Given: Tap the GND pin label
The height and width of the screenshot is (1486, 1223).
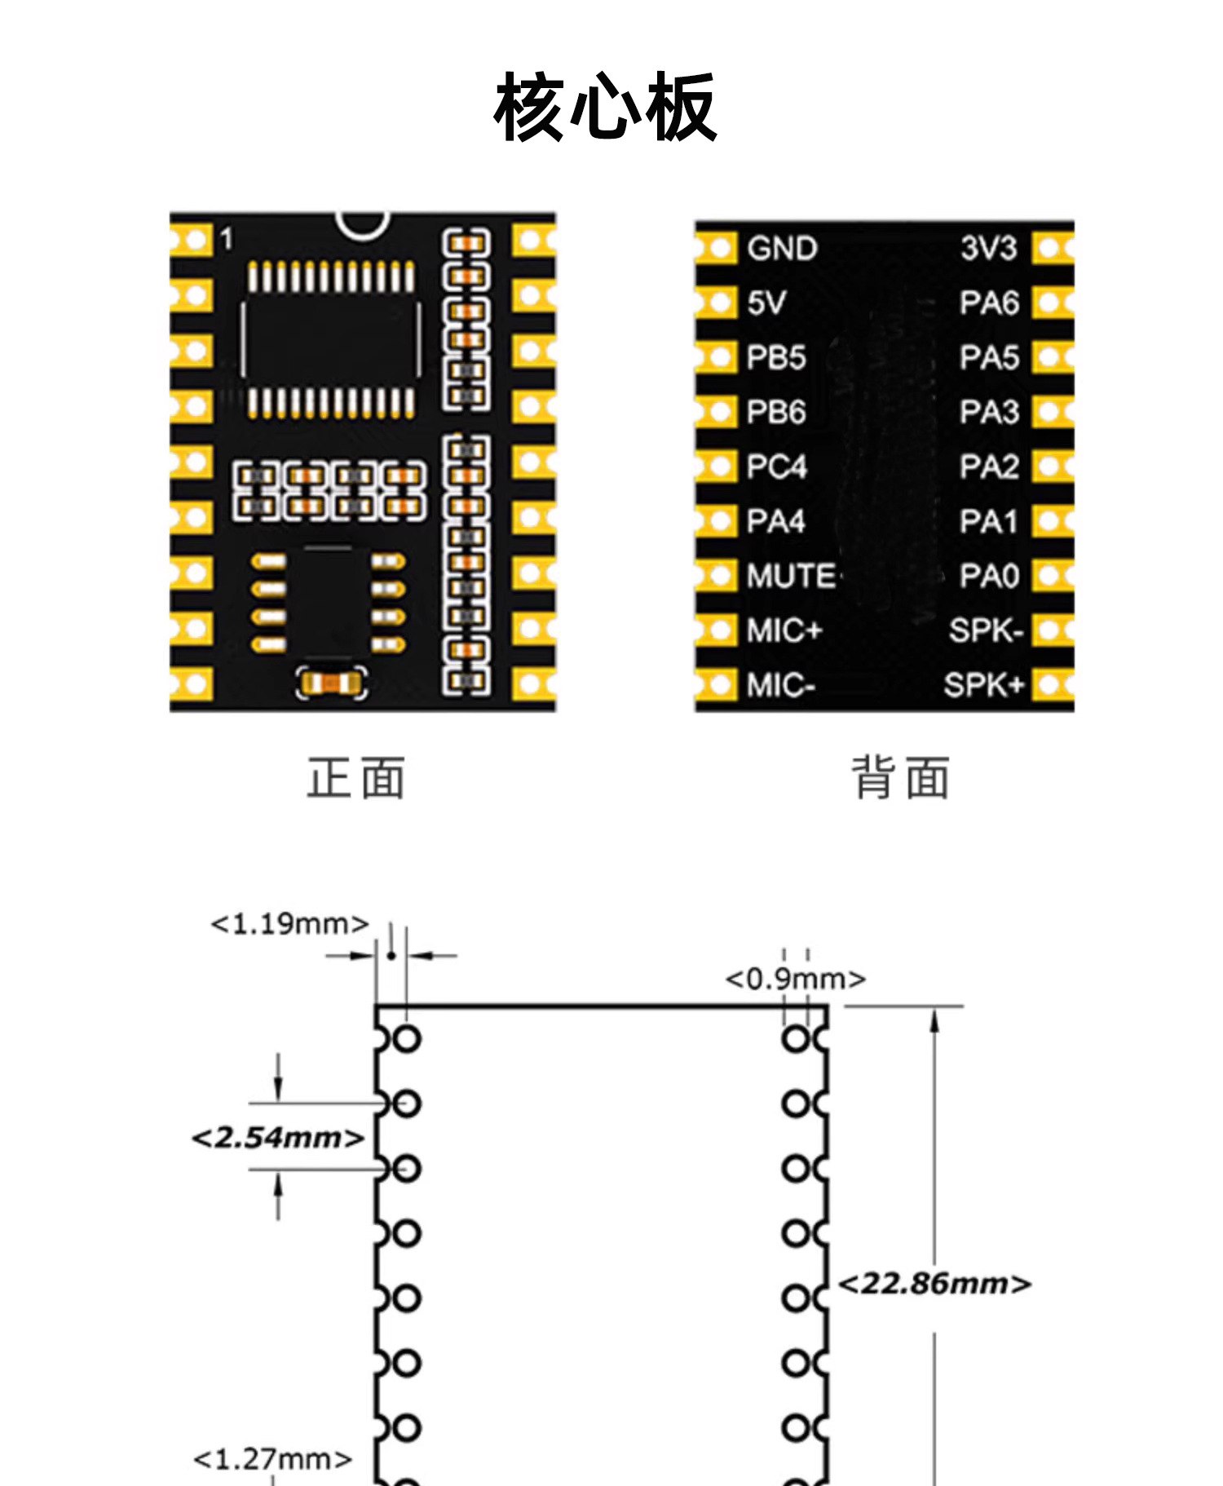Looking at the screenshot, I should [x=781, y=249].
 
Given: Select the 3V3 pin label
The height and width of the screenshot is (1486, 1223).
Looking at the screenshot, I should [x=988, y=249].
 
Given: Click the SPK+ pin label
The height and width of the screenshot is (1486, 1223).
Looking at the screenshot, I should [x=982, y=685].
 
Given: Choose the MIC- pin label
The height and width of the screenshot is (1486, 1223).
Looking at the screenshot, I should [x=780, y=686].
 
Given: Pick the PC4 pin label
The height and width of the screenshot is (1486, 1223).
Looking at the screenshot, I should [x=776, y=467].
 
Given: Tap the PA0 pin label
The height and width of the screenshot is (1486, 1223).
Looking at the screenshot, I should [x=989, y=577].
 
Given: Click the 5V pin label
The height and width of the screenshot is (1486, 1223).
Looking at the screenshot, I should [x=766, y=303].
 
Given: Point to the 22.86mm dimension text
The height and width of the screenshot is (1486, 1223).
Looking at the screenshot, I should [x=934, y=1284].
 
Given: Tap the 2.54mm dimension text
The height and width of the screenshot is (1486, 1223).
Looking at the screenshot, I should [x=277, y=1137].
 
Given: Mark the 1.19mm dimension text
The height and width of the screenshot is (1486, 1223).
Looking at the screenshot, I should [x=289, y=924].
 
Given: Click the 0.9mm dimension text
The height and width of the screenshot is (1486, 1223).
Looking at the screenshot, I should [x=795, y=979].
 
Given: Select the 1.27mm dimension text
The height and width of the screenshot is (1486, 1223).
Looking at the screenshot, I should [x=272, y=1458].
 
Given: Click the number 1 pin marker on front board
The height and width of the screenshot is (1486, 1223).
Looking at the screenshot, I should [x=227, y=240].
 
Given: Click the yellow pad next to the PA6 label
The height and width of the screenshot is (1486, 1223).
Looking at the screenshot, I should [x=1052, y=303].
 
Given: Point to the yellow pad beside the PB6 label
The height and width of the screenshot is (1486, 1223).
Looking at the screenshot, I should [x=716, y=412].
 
